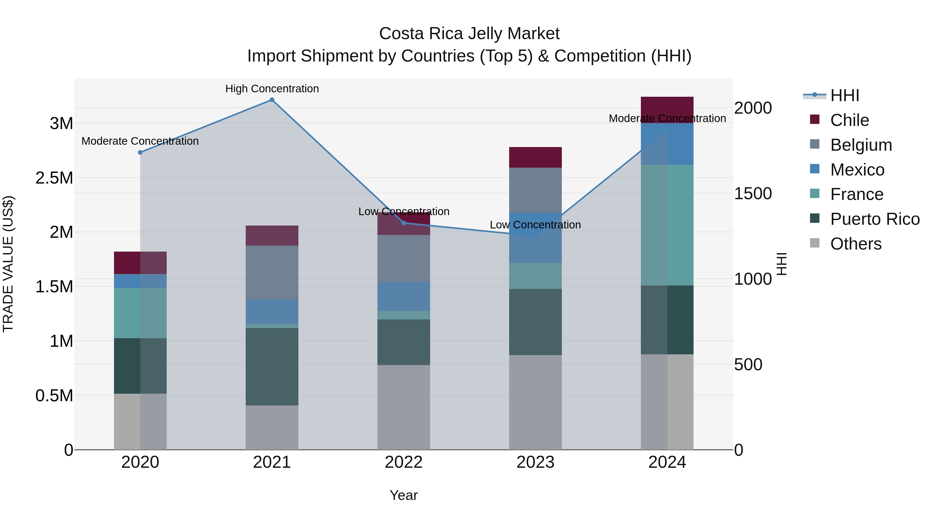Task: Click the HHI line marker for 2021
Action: pos(272,100)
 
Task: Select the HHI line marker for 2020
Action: pos(140,152)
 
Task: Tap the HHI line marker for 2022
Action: pos(404,223)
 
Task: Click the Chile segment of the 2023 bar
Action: pos(535,157)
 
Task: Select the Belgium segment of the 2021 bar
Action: pos(272,272)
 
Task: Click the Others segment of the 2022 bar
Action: pos(404,407)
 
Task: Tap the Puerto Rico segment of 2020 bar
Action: pos(140,366)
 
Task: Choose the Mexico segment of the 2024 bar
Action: pos(667,144)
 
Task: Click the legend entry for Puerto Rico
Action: pos(875,219)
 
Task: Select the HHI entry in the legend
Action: pos(845,95)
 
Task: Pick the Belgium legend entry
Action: pos(861,145)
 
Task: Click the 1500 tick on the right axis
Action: pos(753,193)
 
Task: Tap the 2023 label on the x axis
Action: pos(535,462)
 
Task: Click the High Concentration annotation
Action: pos(272,89)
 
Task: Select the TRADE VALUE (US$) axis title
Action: pos(8,264)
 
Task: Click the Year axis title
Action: pos(404,495)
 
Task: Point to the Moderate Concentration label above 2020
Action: pos(140,141)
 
